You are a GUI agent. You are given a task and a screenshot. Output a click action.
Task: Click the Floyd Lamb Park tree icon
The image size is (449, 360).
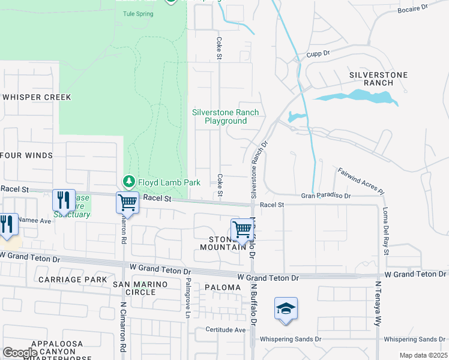click(x=128, y=181)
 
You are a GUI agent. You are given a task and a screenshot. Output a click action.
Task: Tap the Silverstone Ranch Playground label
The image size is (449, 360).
click(x=225, y=116)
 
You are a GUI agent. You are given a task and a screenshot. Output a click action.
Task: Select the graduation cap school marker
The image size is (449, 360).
click(x=286, y=309)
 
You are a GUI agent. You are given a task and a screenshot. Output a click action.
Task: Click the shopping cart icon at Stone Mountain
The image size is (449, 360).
click(x=242, y=229)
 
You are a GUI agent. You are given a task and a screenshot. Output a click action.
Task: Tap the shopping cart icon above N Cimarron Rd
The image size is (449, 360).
click(x=128, y=202)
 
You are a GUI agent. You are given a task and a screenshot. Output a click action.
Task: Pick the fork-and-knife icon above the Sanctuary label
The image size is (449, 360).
click(x=64, y=200)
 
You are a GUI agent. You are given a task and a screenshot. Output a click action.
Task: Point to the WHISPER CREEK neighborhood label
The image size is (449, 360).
click(x=37, y=97)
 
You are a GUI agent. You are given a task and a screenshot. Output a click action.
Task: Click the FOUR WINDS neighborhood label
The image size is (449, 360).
click(x=27, y=155)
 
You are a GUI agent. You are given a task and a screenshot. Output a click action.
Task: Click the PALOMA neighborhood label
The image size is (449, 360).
click(x=222, y=287)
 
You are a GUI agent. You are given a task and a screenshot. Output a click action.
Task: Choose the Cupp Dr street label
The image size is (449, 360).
click(x=318, y=53)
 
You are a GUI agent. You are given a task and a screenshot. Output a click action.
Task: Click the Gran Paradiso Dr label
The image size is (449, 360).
click(x=325, y=196)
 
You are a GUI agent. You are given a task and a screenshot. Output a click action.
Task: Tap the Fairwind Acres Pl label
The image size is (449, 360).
click(x=360, y=180)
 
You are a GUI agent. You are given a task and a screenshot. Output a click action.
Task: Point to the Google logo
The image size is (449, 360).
click(x=20, y=352)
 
